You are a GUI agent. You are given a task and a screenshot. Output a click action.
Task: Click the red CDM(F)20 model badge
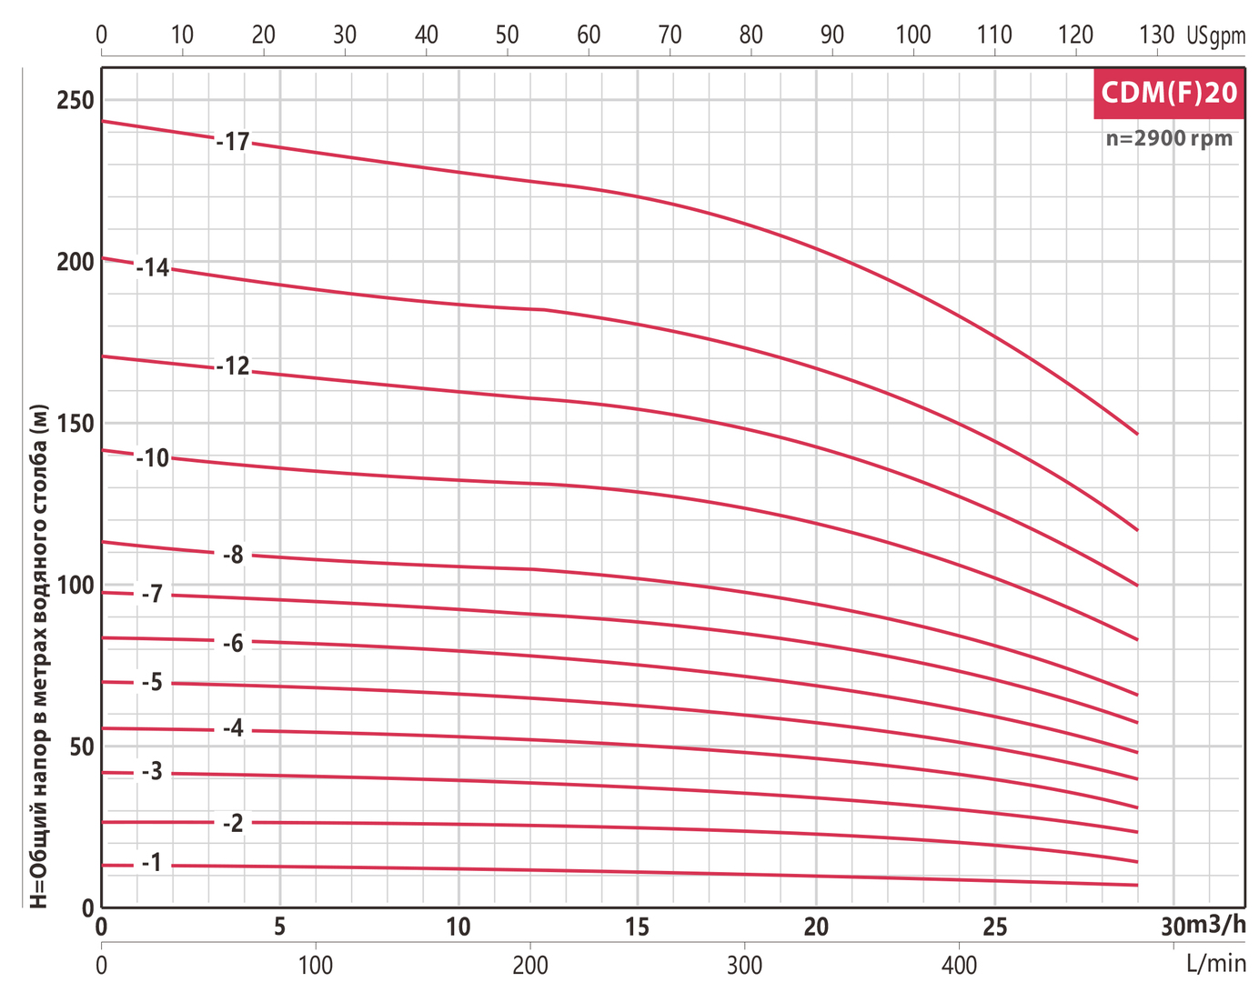(x=1169, y=93)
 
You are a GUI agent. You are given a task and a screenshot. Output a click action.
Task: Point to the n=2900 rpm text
(x=1169, y=139)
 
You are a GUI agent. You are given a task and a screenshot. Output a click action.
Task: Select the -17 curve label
(x=234, y=142)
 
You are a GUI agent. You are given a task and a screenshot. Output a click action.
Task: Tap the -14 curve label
(x=154, y=267)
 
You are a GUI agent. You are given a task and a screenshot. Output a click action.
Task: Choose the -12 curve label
(x=234, y=366)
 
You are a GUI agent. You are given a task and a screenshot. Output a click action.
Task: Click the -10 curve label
(x=154, y=457)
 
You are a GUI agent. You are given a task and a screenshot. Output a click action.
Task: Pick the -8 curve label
(x=234, y=555)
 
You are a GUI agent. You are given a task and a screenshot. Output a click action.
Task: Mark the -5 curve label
(x=153, y=682)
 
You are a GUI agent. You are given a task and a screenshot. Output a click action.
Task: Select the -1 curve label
(x=153, y=862)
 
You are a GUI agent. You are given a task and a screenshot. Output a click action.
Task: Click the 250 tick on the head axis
(x=76, y=100)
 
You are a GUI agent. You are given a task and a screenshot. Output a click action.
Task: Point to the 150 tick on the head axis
(x=76, y=423)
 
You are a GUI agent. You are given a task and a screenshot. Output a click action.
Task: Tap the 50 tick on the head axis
(x=82, y=747)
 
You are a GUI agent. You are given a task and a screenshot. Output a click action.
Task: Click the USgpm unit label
(x=1215, y=35)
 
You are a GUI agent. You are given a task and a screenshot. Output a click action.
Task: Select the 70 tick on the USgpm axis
(x=670, y=35)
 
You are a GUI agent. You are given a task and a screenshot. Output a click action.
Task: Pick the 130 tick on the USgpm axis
(x=1156, y=35)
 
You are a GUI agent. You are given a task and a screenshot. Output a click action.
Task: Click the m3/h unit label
(x=1216, y=925)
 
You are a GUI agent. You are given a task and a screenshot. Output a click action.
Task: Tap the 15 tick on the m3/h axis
(x=638, y=927)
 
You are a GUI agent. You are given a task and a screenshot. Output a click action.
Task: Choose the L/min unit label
(x=1215, y=963)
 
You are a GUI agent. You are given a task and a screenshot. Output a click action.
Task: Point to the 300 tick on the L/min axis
(x=745, y=964)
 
